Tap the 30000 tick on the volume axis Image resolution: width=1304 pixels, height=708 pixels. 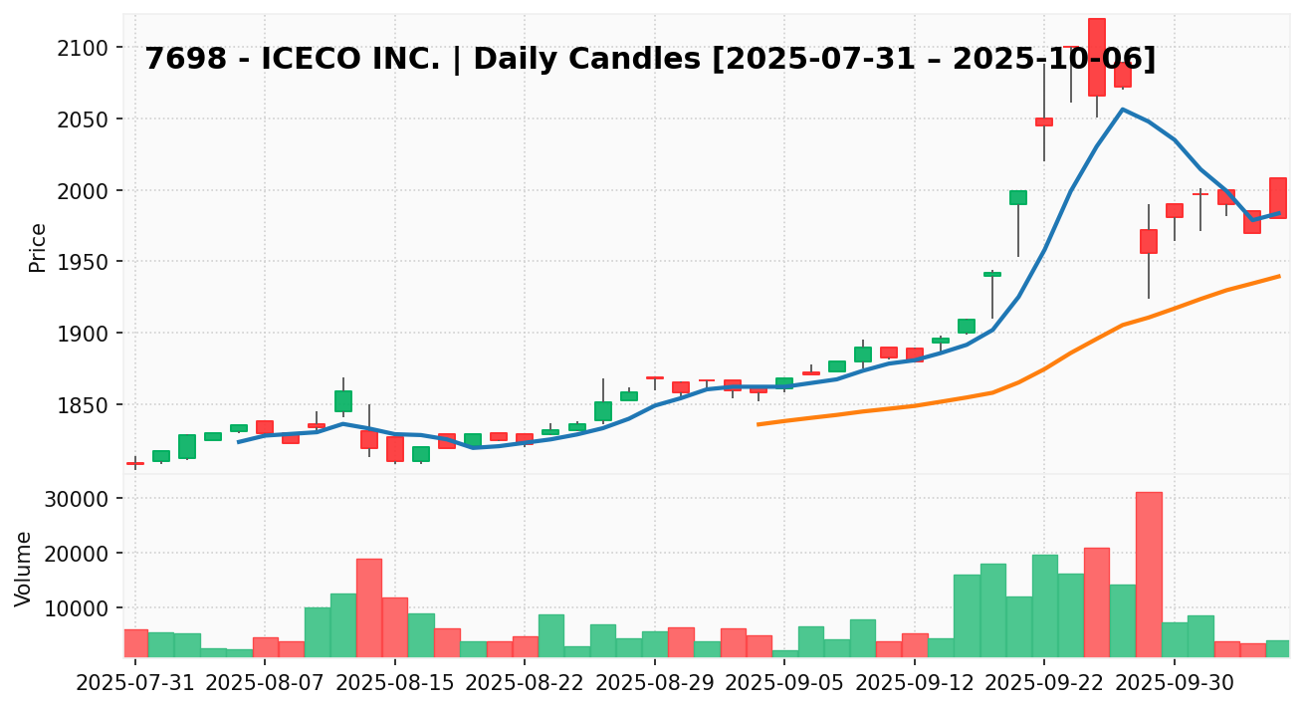[x=77, y=498]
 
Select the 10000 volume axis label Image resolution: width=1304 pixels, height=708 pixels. [x=77, y=608]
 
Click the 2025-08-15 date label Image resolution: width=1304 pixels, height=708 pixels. [x=395, y=686]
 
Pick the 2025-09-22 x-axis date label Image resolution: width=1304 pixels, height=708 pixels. [x=1044, y=686]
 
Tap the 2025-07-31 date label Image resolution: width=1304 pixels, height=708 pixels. [x=135, y=686]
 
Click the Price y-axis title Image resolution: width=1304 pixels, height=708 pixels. [x=38, y=247]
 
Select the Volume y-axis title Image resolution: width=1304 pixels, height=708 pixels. [x=24, y=569]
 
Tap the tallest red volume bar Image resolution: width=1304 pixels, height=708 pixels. [x=1148, y=574]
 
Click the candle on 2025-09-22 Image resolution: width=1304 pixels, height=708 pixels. [x=1044, y=121]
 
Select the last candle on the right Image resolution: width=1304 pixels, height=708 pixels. [x=1278, y=198]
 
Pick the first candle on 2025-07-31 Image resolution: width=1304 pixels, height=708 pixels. [x=135, y=463]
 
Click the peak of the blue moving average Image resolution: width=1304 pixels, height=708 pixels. [x=1122, y=110]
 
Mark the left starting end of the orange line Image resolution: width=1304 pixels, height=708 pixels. [x=759, y=424]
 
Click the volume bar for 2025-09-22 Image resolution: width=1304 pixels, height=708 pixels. [x=1044, y=605]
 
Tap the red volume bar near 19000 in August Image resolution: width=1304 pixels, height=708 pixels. [x=369, y=607]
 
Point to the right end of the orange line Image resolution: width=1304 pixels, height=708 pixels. [x=1279, y=276]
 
